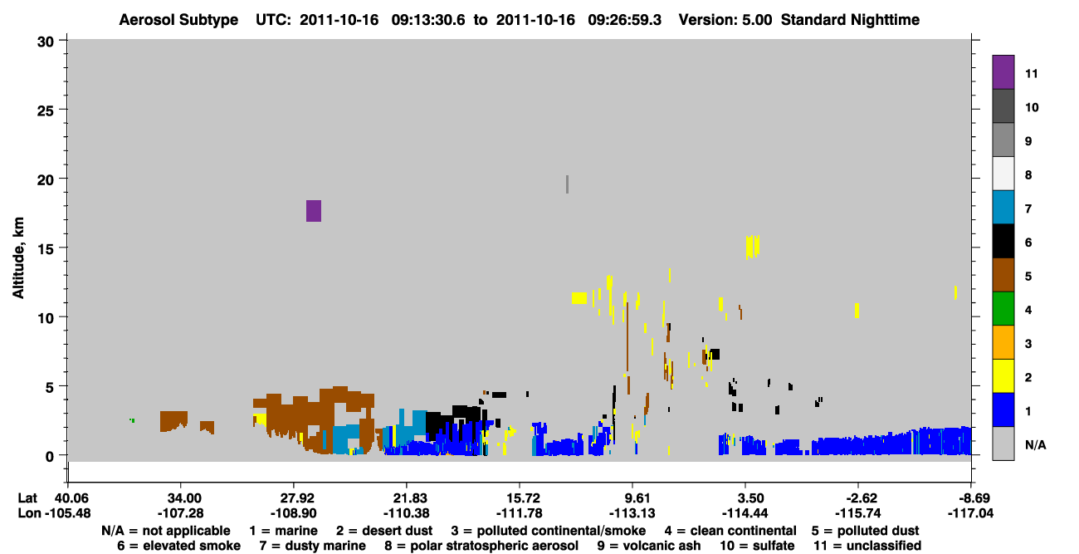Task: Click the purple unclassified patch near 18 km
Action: [x=314, y=211]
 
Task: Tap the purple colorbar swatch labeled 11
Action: [x=1003, y=71]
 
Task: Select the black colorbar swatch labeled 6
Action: [x=1003, y=241]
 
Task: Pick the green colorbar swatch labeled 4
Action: [x=1003, y=309]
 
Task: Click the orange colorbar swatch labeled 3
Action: [x=1003, y=342]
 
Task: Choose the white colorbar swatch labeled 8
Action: [x=1003, y=174]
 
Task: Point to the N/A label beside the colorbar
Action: [x=1035, y=444]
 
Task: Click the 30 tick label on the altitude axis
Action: [x=46, y=42]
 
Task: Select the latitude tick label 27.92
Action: [x=293, y=498]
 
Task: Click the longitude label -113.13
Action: [x=632, y=513]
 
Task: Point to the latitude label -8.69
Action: [x=970, y=498]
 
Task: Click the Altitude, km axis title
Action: [x=17, y=258]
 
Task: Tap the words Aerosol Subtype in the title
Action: [x=178, y=20]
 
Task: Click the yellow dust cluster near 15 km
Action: [x=753, y=247]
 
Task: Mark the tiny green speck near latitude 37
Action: [x=132, y=420]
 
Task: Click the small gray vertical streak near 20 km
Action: [x=568, y=184]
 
